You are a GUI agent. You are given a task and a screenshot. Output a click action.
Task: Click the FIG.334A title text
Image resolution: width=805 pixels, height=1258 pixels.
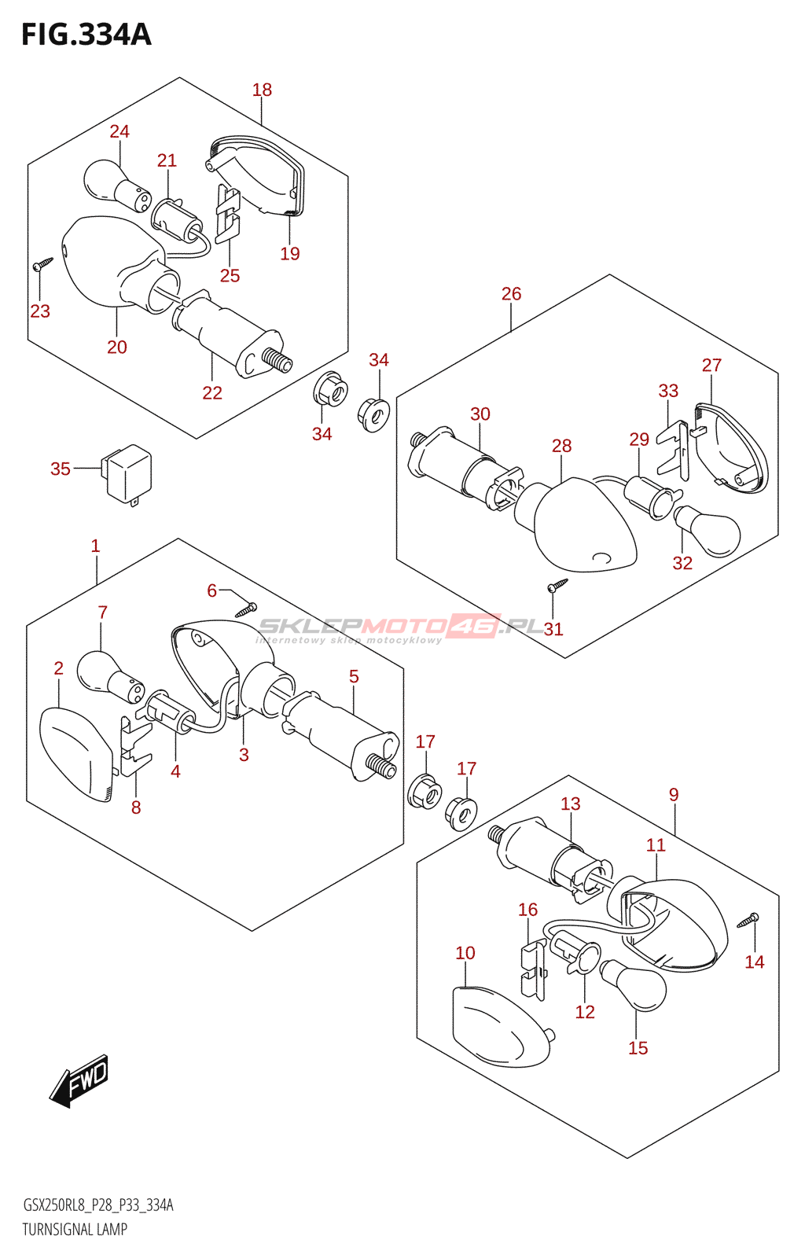pyautogui.click(x=86, y=35)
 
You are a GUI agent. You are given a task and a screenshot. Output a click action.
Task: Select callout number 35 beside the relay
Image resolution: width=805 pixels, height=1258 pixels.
pyautogui.click(x=61, y=469)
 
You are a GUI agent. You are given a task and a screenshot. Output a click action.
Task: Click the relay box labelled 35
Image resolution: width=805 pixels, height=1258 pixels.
pyautogui.click(x=128, y=473)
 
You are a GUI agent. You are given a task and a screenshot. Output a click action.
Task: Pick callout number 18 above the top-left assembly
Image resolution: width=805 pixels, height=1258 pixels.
pyautogui.click(x=262, y=90)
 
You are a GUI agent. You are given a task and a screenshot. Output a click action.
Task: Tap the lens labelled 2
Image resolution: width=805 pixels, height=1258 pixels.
pyautogui.click(x=76, y=753)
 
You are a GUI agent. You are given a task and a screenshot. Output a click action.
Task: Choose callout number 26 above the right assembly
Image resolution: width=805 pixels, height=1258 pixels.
pyautogui.click(x=511, y=294)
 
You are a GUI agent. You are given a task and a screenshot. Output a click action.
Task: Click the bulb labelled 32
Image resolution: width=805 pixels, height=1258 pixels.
pyautogui.click(x=708, y=531)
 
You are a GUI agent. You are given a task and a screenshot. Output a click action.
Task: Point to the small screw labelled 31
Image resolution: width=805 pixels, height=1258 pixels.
pyautogui.click(x=557, y=585)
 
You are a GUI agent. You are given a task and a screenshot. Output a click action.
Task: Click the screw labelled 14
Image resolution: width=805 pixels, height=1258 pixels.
pyautogui.click(x=748, y=919)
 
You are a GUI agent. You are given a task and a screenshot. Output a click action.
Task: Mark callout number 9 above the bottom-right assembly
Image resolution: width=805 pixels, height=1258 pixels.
pyautogui.click(x=674, y=795)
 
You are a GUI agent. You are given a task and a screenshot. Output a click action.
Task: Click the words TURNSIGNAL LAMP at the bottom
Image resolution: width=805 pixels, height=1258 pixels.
pyautogui.click(x=75, y=1230)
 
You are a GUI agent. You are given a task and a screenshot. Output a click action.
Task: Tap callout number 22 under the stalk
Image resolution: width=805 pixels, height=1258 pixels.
pyautogui.click(x=212, y=393)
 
